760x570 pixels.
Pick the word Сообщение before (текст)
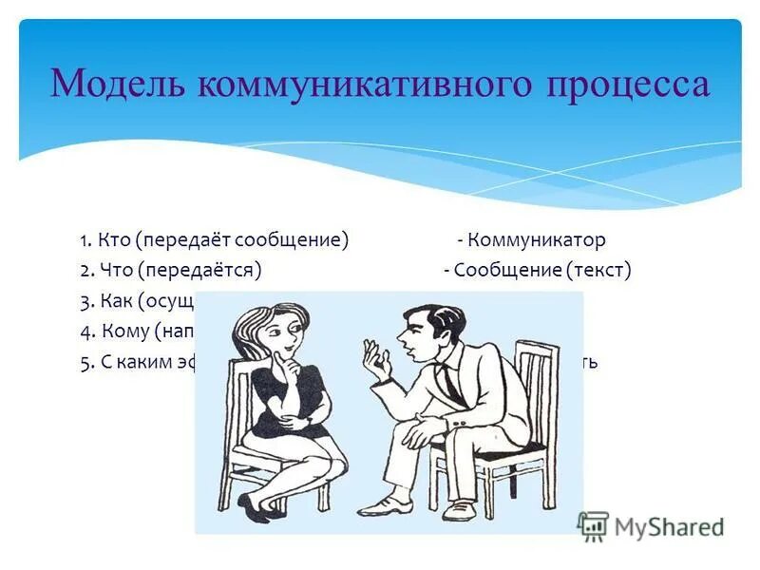coord(507,270)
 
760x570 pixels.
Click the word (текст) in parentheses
coord(599,270)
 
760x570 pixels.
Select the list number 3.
coord(86,301)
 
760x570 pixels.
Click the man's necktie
coord(446,380)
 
